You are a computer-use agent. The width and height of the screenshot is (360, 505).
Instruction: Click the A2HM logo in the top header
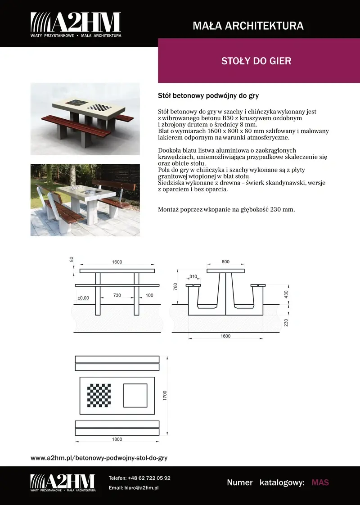[x=76, y=25]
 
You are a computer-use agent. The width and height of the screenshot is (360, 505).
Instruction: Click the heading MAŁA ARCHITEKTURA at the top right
[x=248, y=26]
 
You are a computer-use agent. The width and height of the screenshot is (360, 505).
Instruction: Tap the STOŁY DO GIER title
[x=256, y=61]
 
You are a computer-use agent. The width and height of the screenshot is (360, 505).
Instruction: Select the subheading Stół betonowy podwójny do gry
[x=208, y=96]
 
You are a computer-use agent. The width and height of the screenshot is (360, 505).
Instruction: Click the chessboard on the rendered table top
[x=99, y=107]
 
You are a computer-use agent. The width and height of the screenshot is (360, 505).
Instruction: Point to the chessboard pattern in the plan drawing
[x=99, y=395]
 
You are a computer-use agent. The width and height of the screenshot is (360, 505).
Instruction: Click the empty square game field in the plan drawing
[x=135, y=395]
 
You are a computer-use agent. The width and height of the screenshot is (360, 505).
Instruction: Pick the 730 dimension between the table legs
[x=117, y=295]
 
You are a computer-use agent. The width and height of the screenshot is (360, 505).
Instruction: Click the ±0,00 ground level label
[x=83, y=298]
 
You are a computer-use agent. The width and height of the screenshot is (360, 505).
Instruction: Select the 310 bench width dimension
[x=193, y=276]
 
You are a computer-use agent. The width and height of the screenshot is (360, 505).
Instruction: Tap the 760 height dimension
[x=175, y=287]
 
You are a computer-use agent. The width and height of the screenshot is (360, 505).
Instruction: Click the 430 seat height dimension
[x=286, y=294]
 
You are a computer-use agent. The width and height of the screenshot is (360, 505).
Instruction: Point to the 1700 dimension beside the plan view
[x=165, y=396]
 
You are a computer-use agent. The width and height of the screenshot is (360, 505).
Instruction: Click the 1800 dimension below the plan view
[x=117, y=439]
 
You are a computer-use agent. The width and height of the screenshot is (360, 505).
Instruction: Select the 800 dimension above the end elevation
[x=225, y=262]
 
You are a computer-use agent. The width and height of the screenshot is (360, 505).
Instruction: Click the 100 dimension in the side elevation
[x=149, y=295]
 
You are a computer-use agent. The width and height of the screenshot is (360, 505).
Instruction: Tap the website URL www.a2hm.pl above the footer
[x=99, y=458]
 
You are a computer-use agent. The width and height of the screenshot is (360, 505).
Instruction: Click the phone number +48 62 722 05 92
[x=149, y=478]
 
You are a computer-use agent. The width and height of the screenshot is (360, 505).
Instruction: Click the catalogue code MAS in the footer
[x=320, y=482]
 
